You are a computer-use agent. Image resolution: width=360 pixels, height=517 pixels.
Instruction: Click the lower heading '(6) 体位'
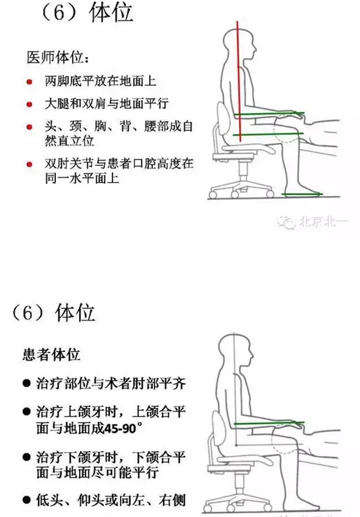54,313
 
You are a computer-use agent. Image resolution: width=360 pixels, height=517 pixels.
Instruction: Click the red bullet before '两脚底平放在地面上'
30,82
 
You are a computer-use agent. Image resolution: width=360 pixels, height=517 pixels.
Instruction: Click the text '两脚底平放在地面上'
100,82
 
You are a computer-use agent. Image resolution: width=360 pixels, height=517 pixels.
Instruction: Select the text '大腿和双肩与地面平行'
106,104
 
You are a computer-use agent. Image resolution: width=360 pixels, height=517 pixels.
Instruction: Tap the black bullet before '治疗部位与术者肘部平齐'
26,384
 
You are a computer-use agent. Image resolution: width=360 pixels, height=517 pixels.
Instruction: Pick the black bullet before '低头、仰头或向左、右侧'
26,499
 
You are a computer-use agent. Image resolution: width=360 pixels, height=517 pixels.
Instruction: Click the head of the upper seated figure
244,44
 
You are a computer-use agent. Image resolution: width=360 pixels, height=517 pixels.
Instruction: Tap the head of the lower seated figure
233,350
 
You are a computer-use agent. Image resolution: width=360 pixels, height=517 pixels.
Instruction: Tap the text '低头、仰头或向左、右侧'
112,499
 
